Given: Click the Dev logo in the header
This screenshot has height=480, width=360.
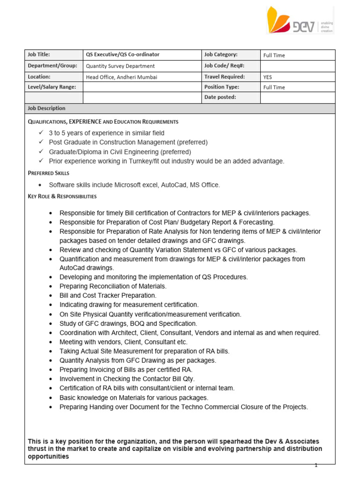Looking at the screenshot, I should click(300, 20).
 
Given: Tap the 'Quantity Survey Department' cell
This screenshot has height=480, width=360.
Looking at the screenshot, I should click(120, 66).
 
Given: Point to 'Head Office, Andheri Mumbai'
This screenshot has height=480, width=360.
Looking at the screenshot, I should click(121, 77).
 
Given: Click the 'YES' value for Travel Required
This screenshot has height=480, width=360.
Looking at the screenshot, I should click(268, 77).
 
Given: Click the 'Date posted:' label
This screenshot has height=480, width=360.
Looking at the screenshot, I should click(220, 97).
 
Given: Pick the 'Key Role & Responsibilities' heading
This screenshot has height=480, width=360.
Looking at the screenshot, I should click(62, 196).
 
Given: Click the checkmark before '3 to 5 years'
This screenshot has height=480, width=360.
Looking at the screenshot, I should click(41, 133).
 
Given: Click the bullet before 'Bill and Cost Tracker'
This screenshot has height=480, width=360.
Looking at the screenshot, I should click(51, 296).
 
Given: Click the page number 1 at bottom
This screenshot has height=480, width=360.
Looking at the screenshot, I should click(316, 465).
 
